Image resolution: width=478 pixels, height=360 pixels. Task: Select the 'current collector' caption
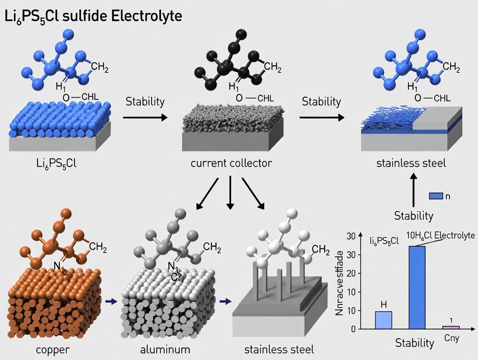pos(232,164)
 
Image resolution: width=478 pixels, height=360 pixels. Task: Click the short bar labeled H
pos(384,320)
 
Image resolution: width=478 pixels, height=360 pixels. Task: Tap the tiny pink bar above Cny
pos(451,327)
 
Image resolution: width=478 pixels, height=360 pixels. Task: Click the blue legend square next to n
pos(436,196)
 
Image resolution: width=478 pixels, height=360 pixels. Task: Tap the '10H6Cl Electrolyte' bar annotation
pos(440,236)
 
